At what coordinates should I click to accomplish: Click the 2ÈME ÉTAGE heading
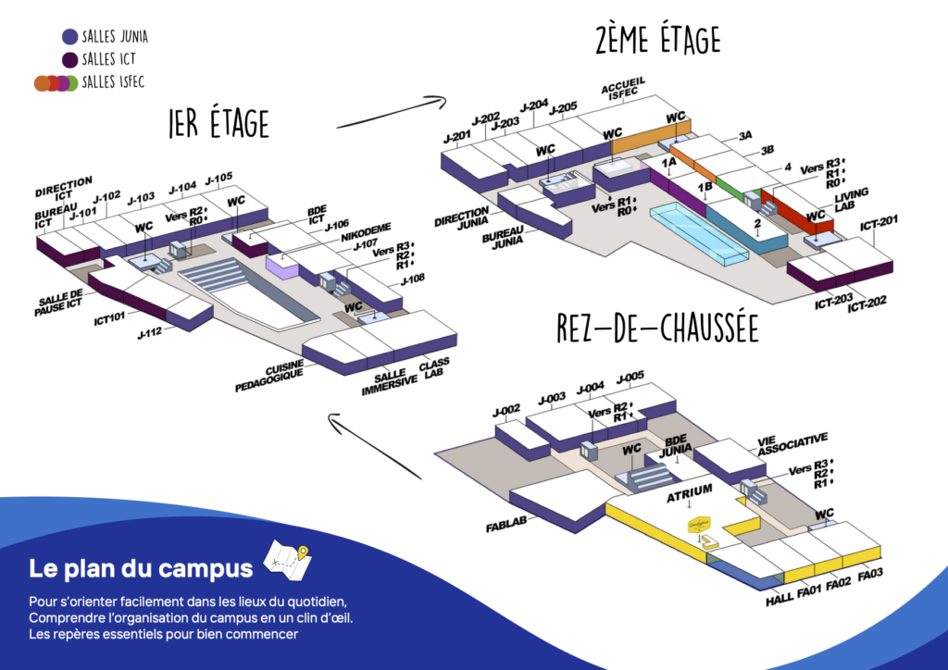pyautogui.click(x=657, y=42)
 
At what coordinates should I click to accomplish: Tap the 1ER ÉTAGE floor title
pyautogui.click(x=218, y=122)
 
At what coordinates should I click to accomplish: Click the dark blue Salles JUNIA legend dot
pyautogui.click(x=69, y=37)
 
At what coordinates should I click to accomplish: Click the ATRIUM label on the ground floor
pyautogui.click(x=690, y=490)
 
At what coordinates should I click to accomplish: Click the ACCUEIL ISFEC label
pyautogui.click(x=623, y=87)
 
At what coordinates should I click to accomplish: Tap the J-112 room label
pyautogui.click(x=148, y=330)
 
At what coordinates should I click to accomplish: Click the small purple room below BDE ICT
pyautogui.click(x=282, y=264)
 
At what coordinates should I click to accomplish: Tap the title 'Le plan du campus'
pyautogui.click(x=140, y=567)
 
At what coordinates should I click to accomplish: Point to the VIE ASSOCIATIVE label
pyautogui.click(x=792, y=444)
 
